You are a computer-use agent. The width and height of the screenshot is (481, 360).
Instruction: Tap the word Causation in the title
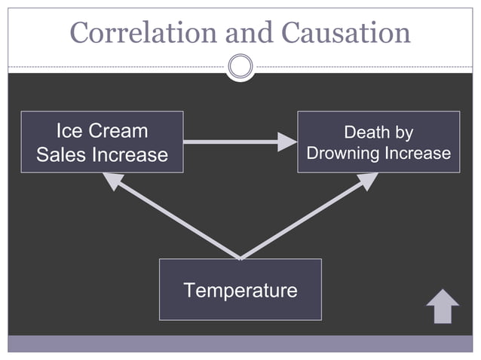(345, 32)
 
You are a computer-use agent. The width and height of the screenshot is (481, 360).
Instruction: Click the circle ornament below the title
(240, 66)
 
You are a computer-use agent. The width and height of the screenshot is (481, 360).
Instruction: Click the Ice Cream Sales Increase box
(102, 142)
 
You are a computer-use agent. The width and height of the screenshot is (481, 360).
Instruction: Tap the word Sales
(62, 155)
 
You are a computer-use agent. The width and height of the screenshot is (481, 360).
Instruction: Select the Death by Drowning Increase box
(378, 142)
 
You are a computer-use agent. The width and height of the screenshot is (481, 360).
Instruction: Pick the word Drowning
(343, 154)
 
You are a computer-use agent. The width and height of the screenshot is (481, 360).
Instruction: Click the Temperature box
(240, 289)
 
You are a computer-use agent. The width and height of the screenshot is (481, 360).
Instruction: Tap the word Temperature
(240, 290)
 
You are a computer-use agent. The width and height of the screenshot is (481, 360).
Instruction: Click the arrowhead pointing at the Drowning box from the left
(287, 142)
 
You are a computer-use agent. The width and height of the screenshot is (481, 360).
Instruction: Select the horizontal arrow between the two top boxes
(234, 142)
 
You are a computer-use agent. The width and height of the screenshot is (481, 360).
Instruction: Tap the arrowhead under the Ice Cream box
(113, 181)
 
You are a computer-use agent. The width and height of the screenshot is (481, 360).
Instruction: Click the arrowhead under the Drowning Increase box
(367, 181)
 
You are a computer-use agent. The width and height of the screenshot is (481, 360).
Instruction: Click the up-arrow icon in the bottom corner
(443, 307)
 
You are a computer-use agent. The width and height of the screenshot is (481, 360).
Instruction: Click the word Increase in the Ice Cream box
(130, 155)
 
